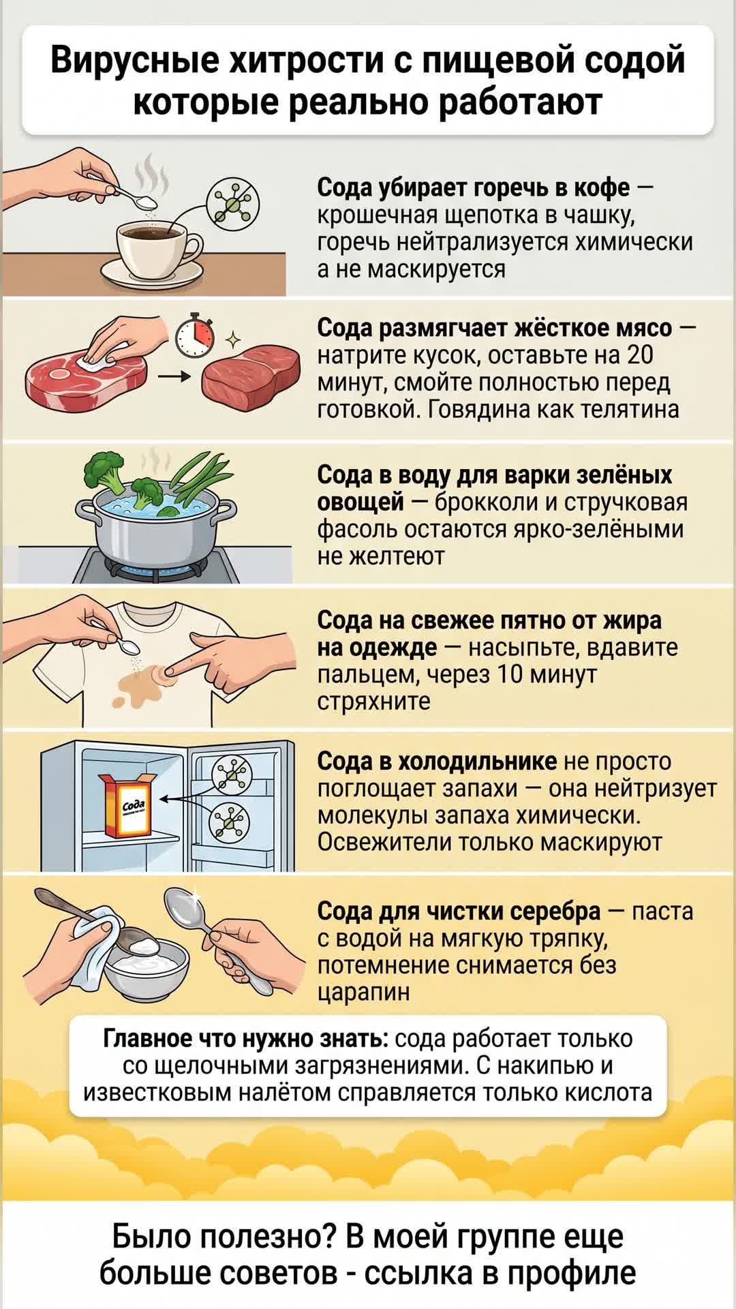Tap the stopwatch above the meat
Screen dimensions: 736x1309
click(x=195, y=335)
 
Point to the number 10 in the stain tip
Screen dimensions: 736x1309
click(x=508, y=674)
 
